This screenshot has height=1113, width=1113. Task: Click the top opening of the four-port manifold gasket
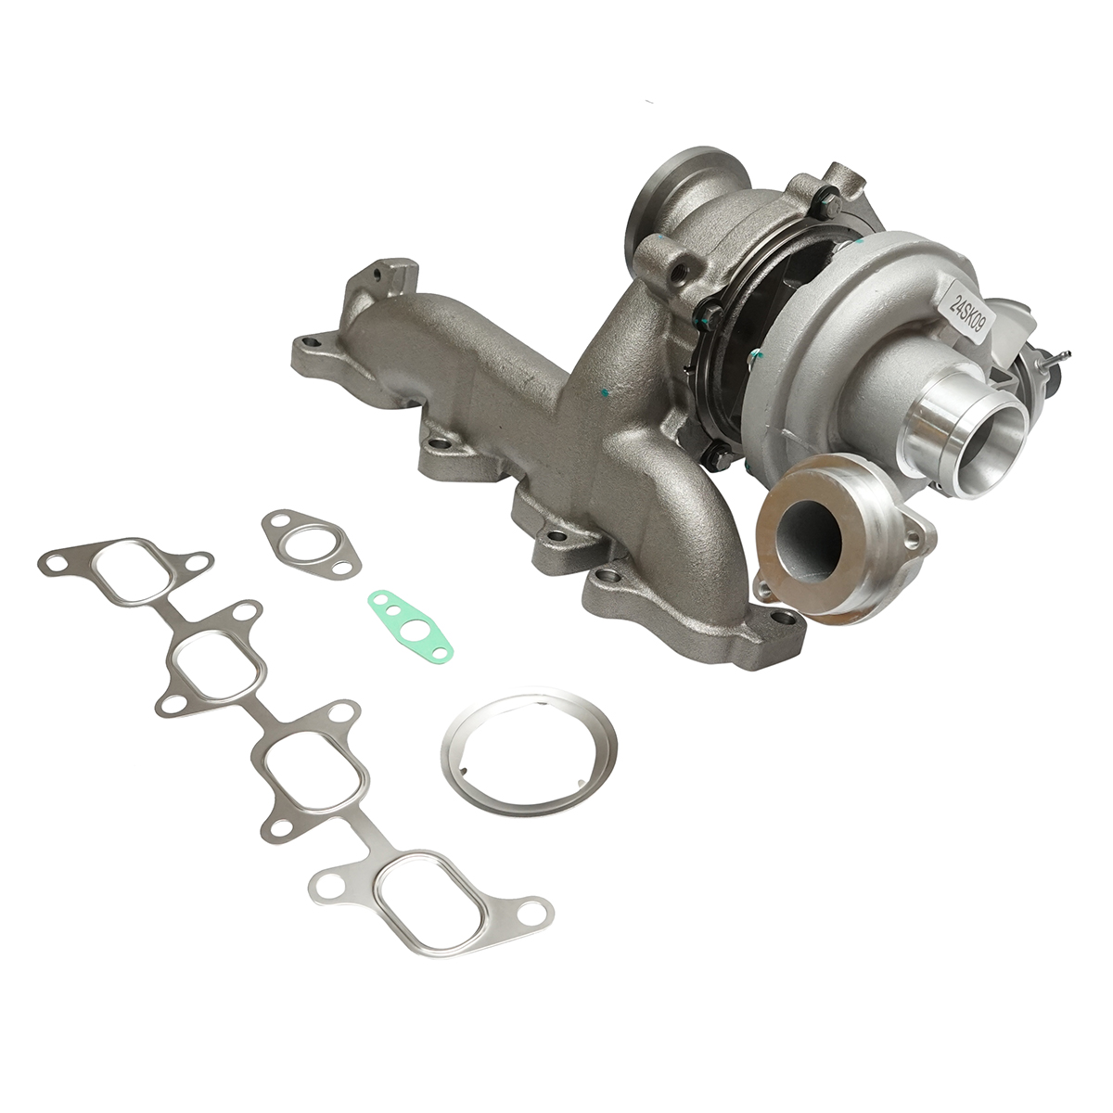[x=131, y=570]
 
